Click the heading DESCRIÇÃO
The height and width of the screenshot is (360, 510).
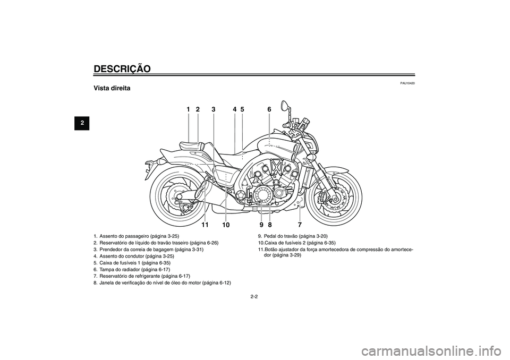[x=122, y=68]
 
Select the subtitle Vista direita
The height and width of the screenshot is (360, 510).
[x=112, y=88]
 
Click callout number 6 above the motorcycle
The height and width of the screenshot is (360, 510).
[x=269, y=109]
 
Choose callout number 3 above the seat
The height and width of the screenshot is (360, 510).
[x=213, y=109]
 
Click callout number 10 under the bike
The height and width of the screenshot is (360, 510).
[x=226, y=225]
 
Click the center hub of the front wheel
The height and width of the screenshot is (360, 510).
[x=333, y=197]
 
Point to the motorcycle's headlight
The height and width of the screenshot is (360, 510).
[x=314, y=143]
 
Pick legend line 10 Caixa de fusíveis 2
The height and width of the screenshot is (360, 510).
[x=296, y=243]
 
